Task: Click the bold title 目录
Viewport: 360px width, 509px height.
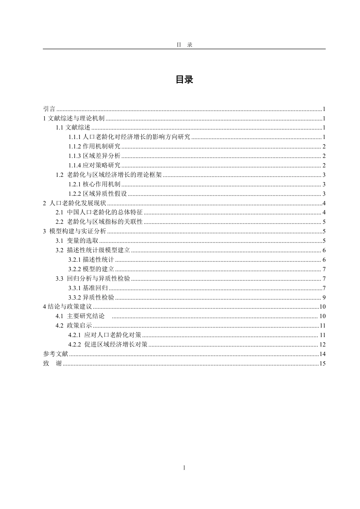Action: point(184,80)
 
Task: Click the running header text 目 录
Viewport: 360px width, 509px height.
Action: point(184,45)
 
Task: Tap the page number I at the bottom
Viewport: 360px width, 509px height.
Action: point(184,468)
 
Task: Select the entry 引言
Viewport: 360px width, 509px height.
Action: point(49,109)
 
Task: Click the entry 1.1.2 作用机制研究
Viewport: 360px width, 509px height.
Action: point(94,147)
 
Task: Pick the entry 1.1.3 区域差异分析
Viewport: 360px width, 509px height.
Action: point(94,156)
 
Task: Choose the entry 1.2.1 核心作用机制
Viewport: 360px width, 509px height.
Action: point(94,184)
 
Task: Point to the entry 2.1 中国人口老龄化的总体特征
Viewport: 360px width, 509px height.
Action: point(99,212)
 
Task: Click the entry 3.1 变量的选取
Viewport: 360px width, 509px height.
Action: point(77,241)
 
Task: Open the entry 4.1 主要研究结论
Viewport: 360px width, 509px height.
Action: point(80,316)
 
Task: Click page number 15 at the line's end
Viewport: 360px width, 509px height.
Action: point(323,364)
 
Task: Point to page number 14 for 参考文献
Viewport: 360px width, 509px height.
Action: point(323,354)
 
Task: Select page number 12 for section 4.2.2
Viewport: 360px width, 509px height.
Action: point(323,345)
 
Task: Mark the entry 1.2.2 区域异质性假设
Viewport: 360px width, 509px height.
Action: point(97,194)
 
